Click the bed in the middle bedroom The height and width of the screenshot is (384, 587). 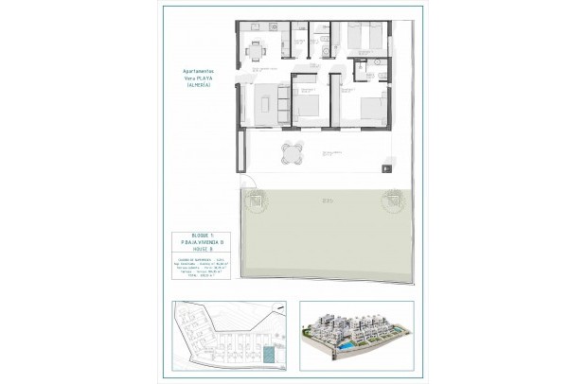[x=310, y=98]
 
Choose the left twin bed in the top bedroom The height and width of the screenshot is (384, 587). [x=353, y=35]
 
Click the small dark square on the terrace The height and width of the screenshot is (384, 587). [x=386, y=168]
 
